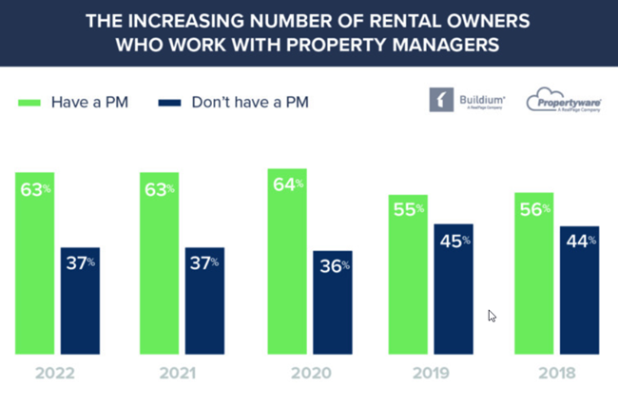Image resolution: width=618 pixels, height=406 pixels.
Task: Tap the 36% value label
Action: [x=333, y=267]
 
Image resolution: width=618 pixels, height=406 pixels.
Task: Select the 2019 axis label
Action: [x=433, y=374]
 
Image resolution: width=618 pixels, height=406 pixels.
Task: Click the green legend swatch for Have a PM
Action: [x=28, y=102]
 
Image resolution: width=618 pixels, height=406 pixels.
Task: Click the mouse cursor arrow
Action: [x=492, y=316]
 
